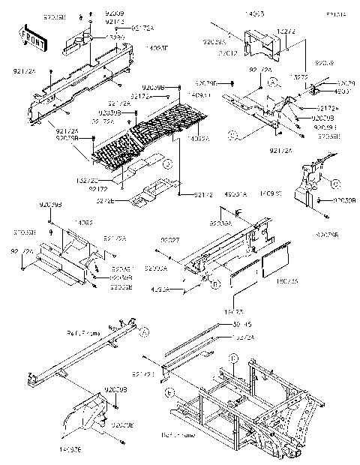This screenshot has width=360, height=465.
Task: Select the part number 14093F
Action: pos(156,47)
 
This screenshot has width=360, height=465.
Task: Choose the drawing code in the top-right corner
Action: pos(336,14)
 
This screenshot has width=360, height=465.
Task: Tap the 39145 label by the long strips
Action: pos(242,325)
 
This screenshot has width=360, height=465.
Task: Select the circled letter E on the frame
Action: pos(169,392)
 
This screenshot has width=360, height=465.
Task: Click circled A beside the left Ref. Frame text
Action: pos(144,331)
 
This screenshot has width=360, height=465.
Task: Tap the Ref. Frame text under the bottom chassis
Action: pos(176,434)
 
